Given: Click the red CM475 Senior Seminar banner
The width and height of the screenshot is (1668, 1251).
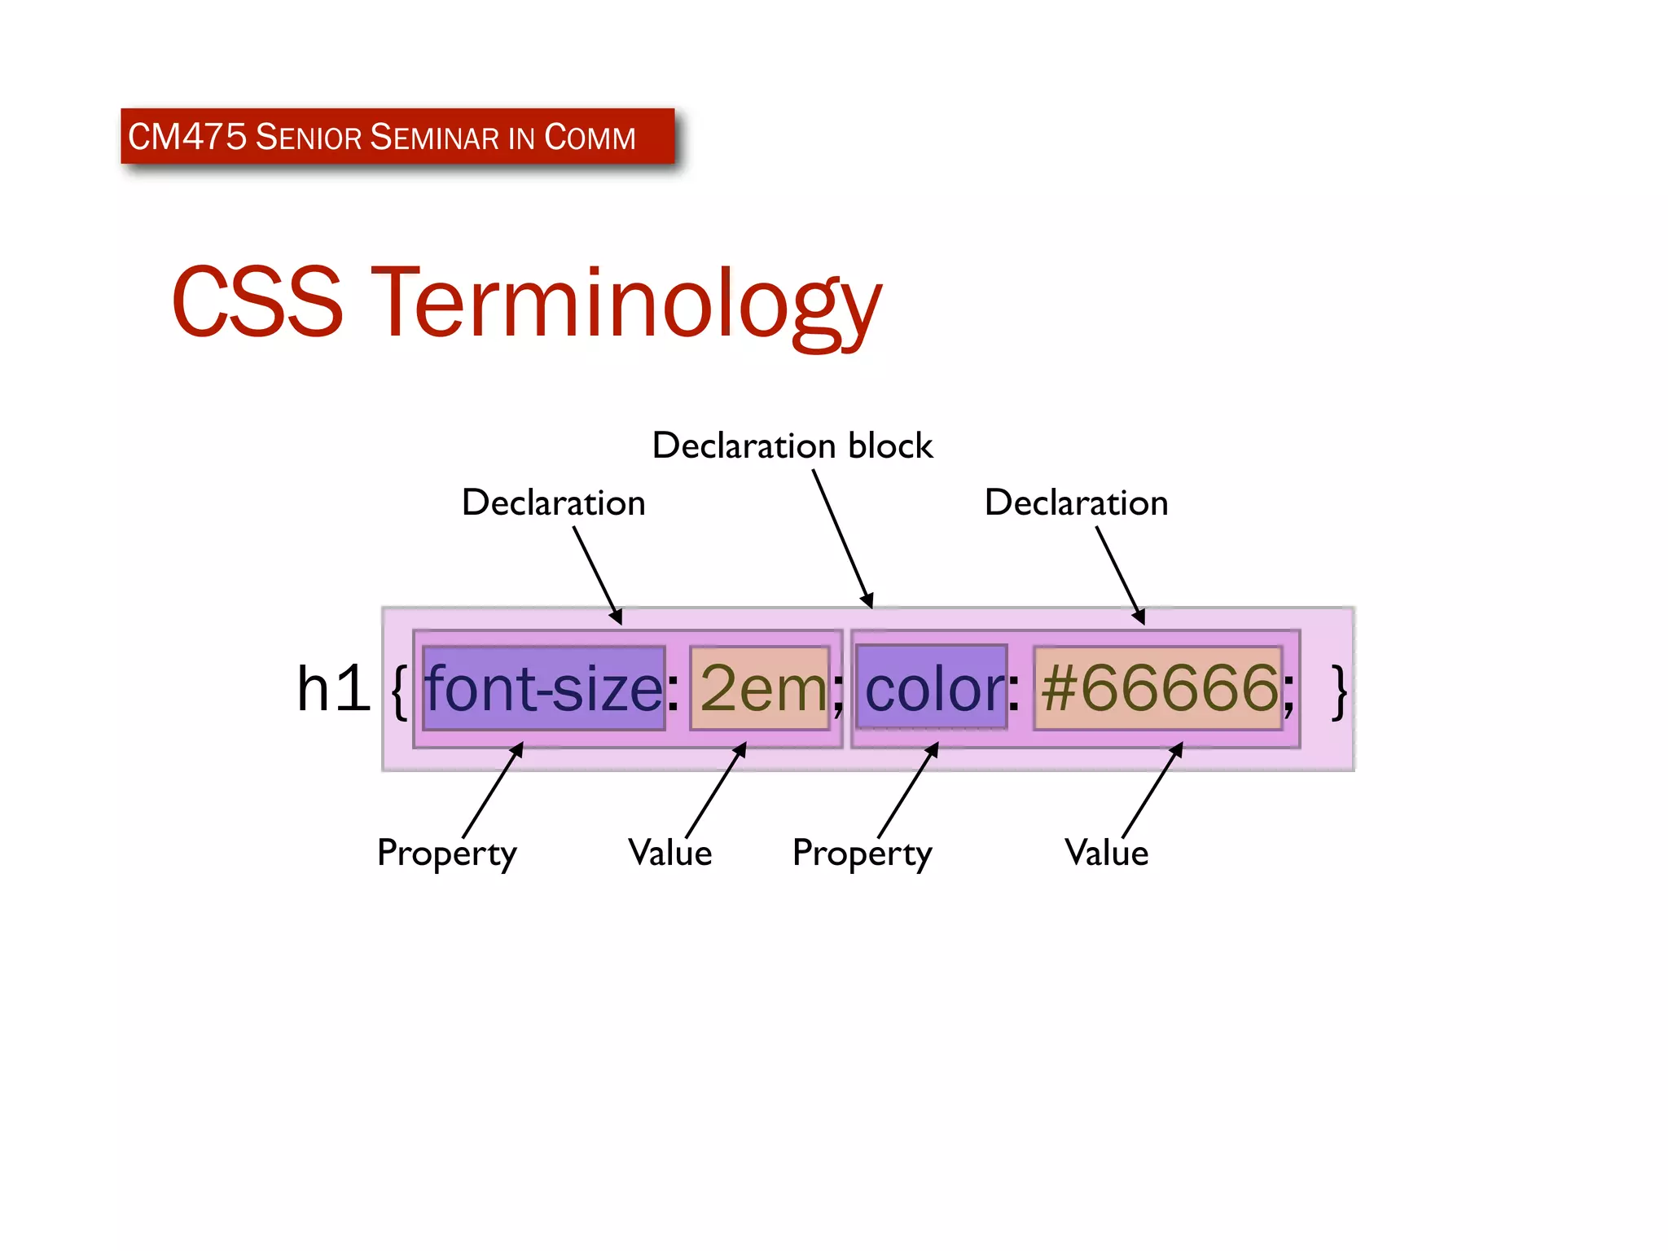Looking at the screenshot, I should click(397, 136).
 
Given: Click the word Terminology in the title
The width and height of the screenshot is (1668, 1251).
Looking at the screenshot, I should click(626, 303).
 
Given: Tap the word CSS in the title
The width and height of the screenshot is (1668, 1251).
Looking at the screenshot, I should click(257, 303).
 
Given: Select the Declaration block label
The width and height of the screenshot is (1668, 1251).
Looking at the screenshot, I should click(792, 446).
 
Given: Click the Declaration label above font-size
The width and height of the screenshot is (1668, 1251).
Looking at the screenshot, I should click(553, 503).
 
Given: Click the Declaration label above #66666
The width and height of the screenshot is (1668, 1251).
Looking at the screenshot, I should click(1076, 503).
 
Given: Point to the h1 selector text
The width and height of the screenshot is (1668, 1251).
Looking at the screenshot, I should click(332, 689).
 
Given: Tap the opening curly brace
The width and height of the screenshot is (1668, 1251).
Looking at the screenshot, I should click(398, 691).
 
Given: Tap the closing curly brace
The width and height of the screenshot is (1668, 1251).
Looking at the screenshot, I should click(1338, 691).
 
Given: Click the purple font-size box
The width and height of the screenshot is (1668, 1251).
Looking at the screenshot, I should click(544, 688).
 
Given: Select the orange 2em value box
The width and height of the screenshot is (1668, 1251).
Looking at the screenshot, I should click(760, 688).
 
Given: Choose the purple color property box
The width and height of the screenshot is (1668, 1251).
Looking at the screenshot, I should click(932, 688).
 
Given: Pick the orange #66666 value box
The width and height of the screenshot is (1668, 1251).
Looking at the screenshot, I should click(1158, 688).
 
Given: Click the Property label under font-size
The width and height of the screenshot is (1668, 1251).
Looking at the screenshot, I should click(446, 854).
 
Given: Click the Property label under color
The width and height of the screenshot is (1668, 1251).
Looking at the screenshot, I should click(862, 854).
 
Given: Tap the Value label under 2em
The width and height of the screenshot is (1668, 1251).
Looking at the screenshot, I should click(669, 854).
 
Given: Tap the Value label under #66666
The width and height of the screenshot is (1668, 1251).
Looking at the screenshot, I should click(1106, 854).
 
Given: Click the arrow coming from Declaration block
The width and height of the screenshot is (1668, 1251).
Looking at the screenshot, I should click(843, 538).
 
